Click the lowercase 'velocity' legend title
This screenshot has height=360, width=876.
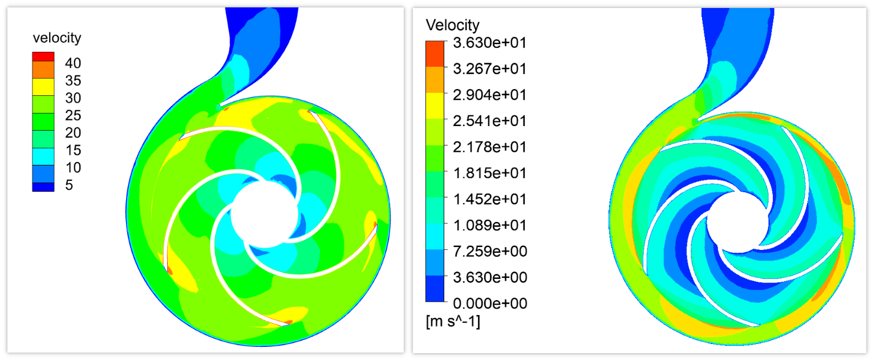tap(57, 38)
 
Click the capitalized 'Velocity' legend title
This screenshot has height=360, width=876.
tap(453, 25)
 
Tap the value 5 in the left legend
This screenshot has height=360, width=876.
tap(69, 185)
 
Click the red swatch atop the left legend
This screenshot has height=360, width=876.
tap(43, 56)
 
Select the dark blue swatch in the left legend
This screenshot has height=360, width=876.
tap(43, 187)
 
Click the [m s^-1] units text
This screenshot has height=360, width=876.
tap(453, 322)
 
